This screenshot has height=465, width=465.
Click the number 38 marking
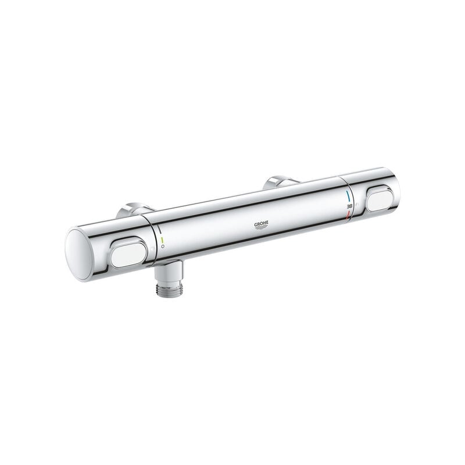tap(348, 206)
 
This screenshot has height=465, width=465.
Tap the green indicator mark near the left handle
tap(162, 239)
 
